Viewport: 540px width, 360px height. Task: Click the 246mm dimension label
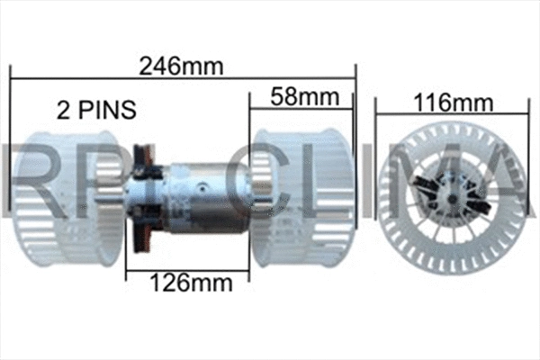tap(182, 64)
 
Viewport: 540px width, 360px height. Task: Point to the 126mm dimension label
tap(190, 283)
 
